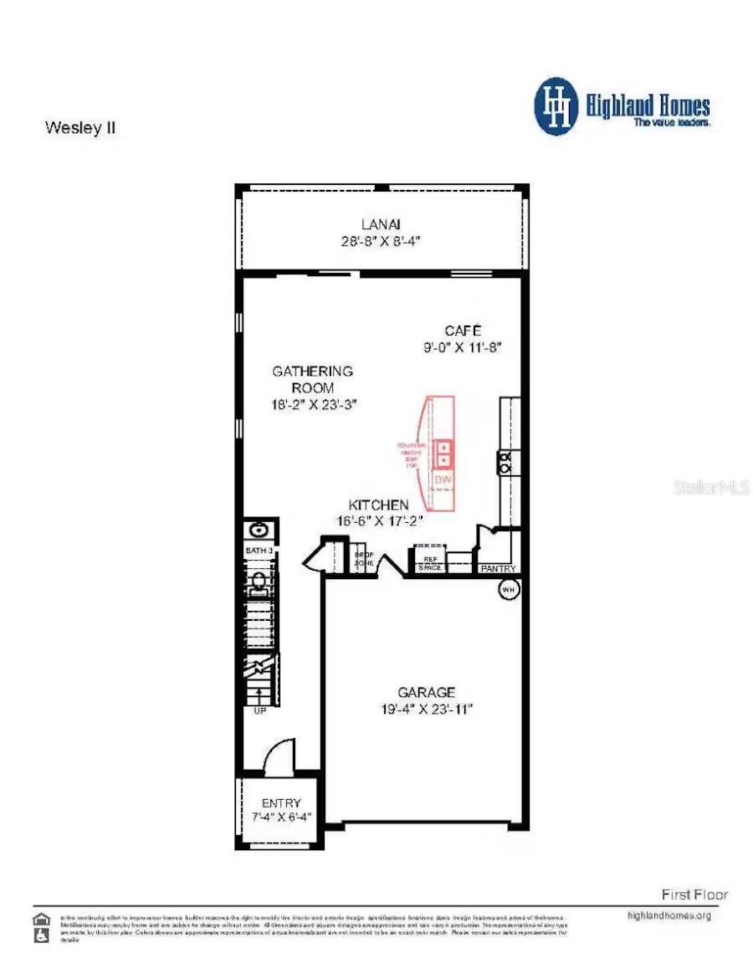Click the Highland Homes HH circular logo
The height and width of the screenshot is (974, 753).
(x=556, y=106)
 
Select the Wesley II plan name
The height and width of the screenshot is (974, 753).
(x=79, y=128)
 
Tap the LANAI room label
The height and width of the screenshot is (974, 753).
(x=382, y=224)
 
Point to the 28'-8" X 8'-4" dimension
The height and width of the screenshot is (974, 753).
(x=382, y=240)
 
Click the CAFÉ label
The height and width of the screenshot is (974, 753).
(x=463, y=330)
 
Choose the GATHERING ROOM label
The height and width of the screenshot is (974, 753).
(x=313, y=379)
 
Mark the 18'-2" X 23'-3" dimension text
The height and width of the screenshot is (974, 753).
(x=315, y=404)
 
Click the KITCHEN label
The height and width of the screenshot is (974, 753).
(x=379, y=505)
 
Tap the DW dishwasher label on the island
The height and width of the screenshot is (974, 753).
(x=443, y=479)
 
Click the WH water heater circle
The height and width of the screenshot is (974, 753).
(x=508, y=590)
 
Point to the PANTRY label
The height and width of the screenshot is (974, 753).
(x=499, y=568)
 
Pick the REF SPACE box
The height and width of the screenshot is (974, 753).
(x=429, y=563)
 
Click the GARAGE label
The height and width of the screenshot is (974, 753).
(x=427, y=692)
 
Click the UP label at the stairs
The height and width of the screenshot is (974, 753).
(x=259, y=711)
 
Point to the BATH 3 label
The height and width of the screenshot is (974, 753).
(x=259, y=550)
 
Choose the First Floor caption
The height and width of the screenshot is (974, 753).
(x=694, y=895)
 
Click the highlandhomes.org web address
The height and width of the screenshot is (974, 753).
(x=668, y=915)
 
